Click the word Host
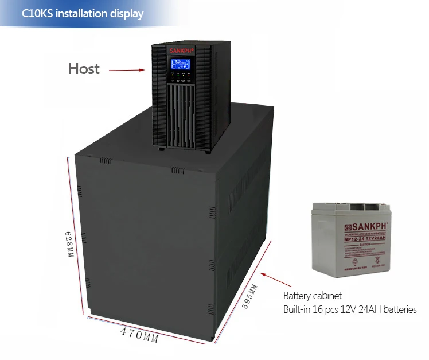pos(84,69)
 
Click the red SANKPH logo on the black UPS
pos(182,51)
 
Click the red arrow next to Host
pos(127,71)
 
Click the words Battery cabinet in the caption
pos(313,296)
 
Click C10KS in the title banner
pos(37,13)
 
